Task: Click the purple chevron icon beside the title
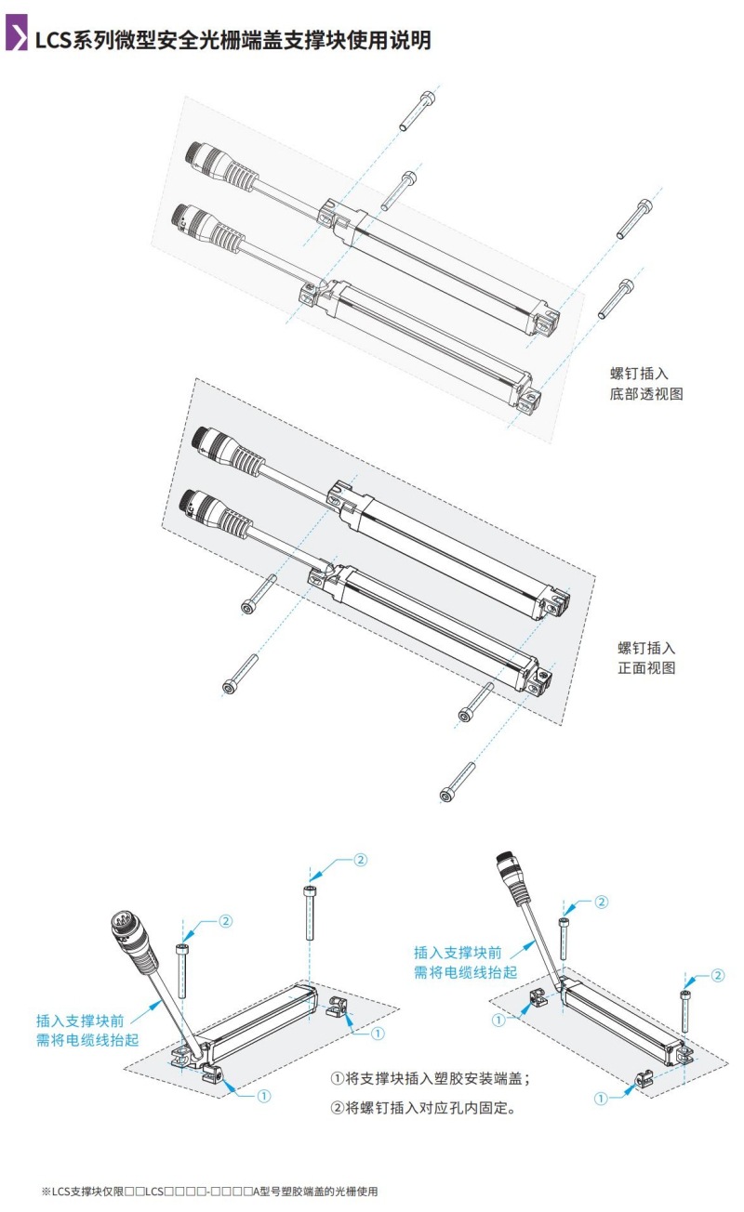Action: [16, 39]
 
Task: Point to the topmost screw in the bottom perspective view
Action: [416, 111]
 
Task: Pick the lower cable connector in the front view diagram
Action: [210, 514]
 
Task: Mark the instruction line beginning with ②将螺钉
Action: [423, 1108]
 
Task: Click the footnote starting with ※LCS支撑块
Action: [209, 1191]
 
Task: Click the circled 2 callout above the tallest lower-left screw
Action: [360, 860]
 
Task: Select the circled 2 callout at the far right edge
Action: [717, 975]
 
